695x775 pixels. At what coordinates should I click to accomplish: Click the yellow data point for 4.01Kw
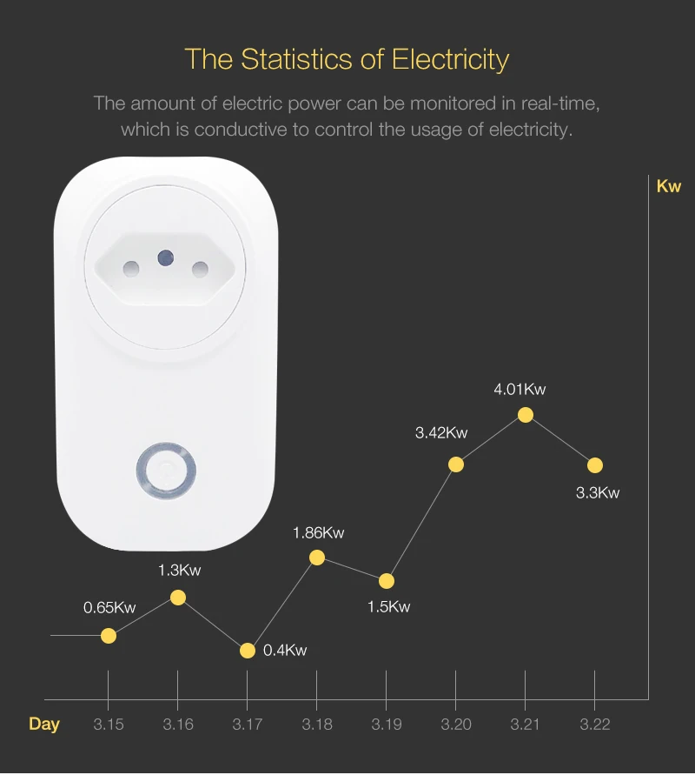(x=526, y=415)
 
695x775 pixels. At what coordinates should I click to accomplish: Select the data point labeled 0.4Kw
(x=248, y=651)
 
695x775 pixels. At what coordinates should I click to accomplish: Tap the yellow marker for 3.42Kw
(x=456, y=464)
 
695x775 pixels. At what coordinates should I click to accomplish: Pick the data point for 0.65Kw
(x=109, y=636)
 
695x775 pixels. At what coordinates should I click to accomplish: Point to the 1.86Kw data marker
(x=317, y=558)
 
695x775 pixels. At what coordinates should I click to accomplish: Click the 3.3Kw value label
(x=598, y=493)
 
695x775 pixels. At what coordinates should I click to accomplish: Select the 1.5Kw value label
(x=388, y=607)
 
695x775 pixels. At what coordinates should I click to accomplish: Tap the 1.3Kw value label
(x=179, y=571)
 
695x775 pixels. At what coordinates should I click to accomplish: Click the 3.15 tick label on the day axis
(x=109, y=724)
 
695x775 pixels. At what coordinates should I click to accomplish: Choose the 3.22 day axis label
(x=595, y=724)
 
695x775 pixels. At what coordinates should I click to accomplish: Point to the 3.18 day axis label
(x=317, y=724)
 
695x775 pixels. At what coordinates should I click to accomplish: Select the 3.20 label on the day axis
(x=456, y=724)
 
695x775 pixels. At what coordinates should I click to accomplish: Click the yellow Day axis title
(x=44, y=724)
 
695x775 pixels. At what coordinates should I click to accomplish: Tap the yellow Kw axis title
(x=669, y=186)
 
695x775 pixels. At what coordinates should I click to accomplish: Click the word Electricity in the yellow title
(x=450, y=59)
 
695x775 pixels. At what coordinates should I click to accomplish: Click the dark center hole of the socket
(x=164, y=257)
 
